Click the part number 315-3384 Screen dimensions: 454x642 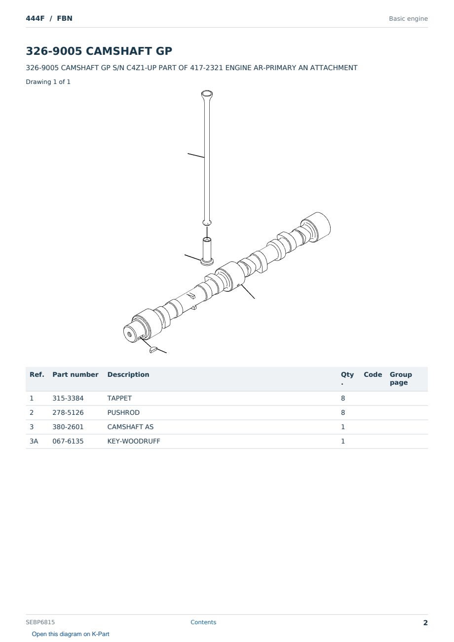[x=68, y=398]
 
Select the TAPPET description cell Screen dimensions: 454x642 [x=119, y=398]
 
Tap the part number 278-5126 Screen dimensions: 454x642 [x=68, y=412]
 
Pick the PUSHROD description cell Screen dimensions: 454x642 [x=123, y=412]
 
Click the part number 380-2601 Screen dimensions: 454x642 [x=68, y=427]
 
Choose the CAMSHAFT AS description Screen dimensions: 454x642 [x=130, y=427]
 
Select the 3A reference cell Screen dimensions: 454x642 [x=34, y=441]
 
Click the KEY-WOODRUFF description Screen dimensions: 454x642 [x=134, y=441]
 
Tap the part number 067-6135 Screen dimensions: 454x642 [x=68, y=441]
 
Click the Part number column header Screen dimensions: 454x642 [x=76, y=375]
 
